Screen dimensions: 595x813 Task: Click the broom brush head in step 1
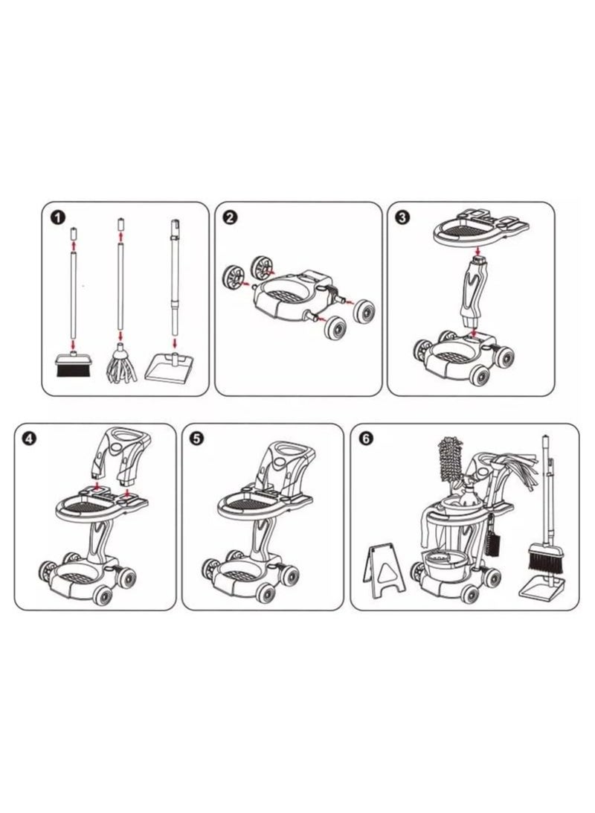(74, 365)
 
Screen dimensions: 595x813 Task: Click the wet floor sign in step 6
(383, 571)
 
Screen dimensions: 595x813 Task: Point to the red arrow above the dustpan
(176, 343)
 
